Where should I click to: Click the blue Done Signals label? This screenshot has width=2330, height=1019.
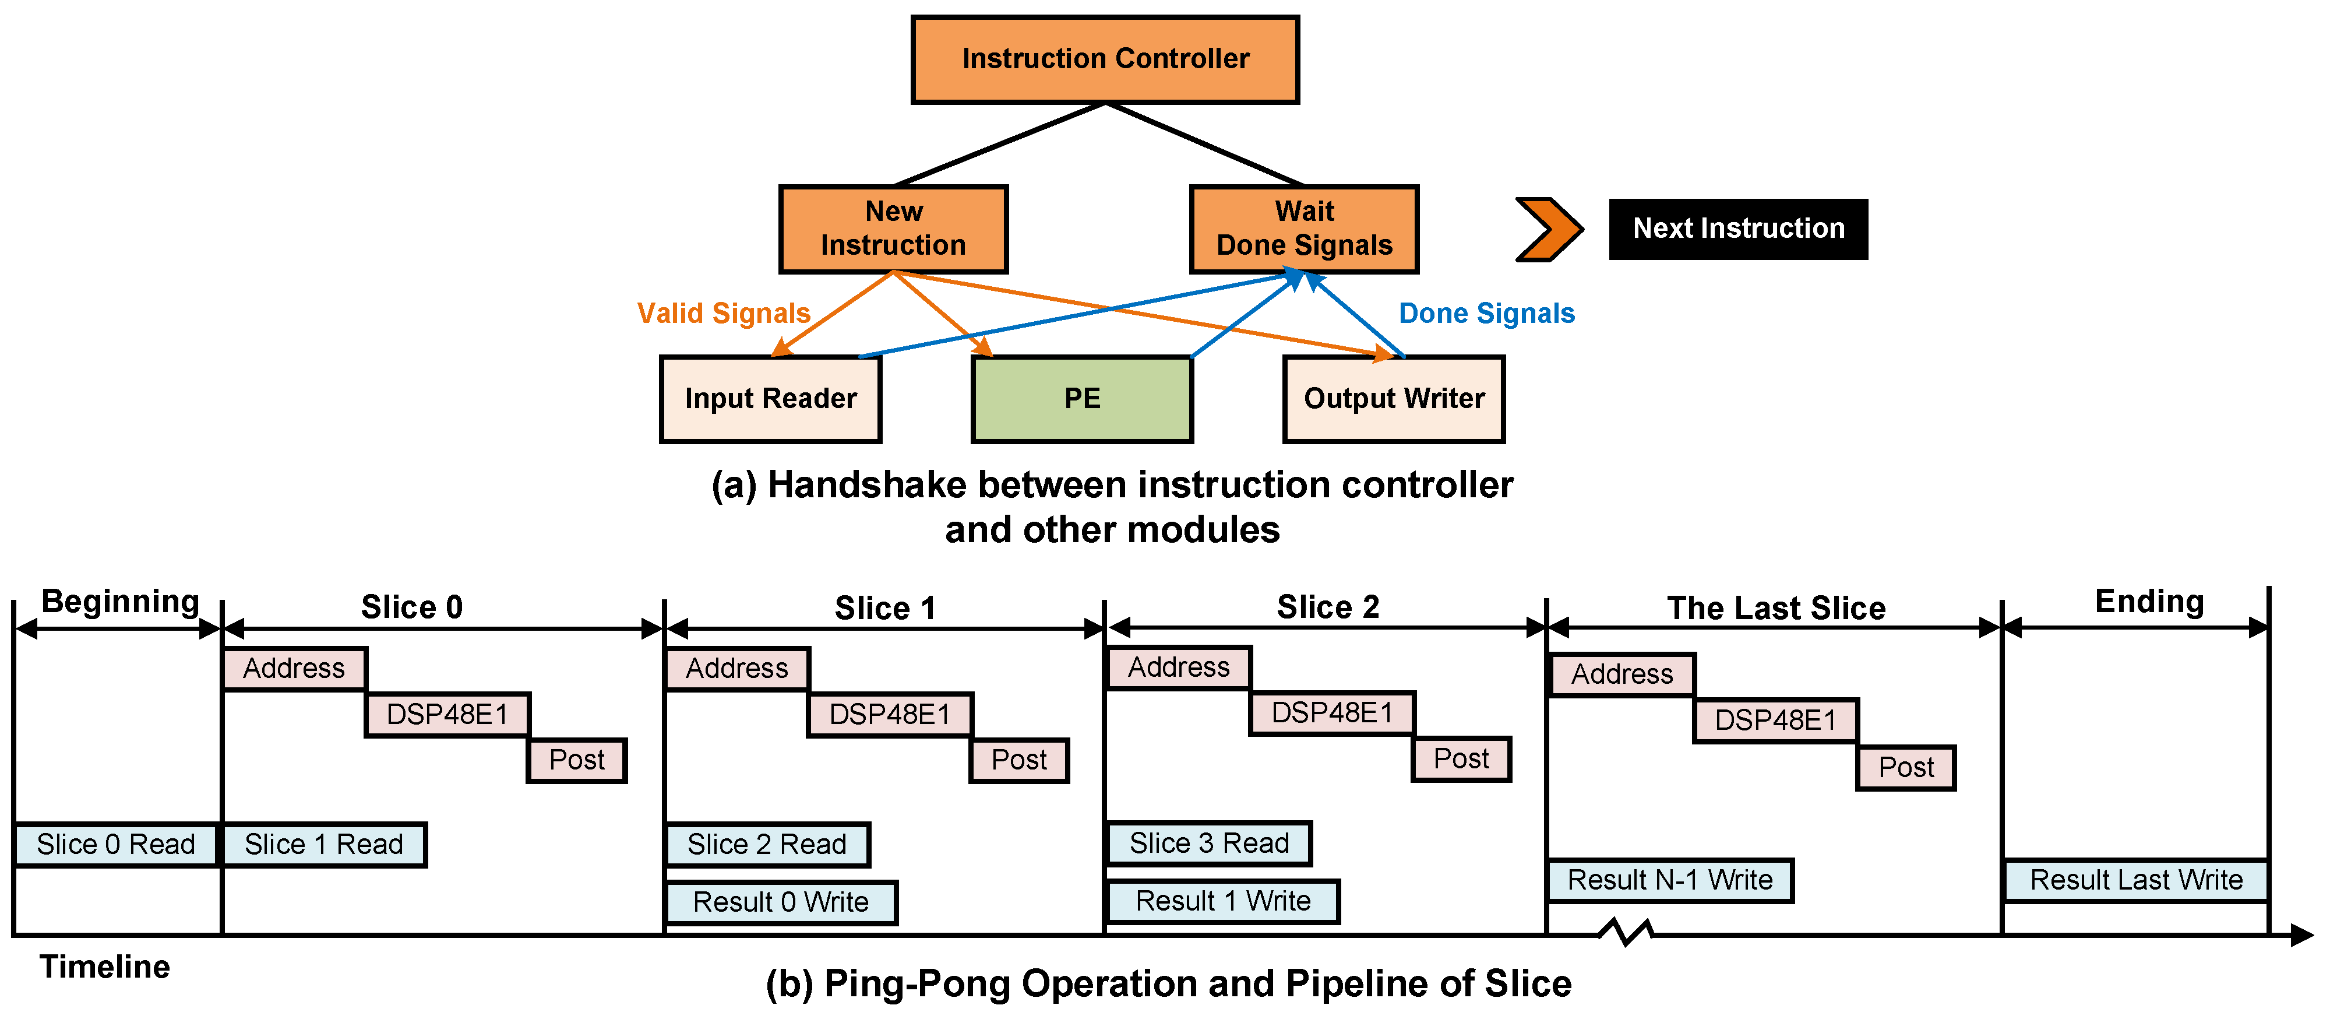[1486, 313]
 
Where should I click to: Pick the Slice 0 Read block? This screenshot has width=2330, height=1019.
[116, 844]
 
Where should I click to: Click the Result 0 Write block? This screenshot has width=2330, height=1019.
[781, 902]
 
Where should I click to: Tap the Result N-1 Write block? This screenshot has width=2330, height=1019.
[1670, 880]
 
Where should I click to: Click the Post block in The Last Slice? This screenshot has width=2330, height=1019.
[1906, 767]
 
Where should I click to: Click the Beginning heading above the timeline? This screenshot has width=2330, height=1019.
[120, 602]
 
